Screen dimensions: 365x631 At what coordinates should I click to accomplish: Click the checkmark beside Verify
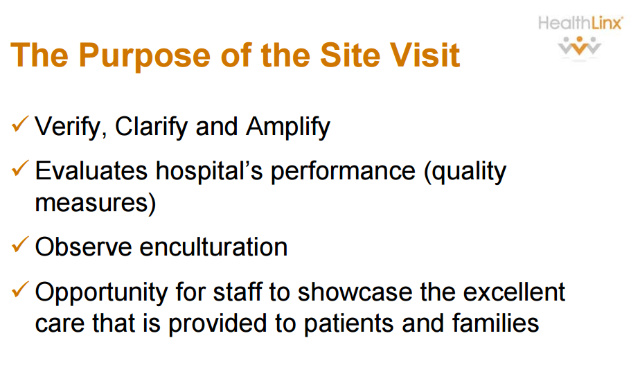20,126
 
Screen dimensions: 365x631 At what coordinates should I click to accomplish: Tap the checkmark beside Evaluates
20,170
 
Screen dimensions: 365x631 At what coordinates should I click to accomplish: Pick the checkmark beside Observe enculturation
20,246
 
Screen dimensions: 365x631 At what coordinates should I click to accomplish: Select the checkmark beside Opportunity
20,290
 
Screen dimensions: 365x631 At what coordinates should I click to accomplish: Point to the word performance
344,172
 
